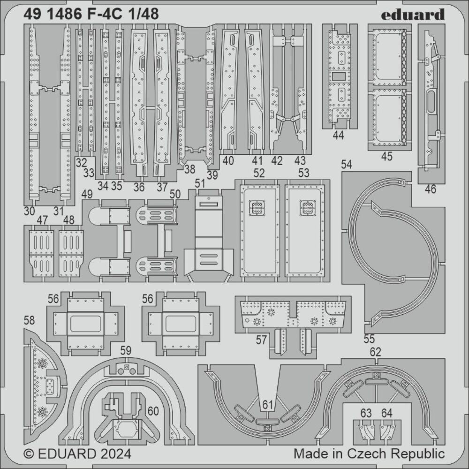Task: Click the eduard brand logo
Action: click(x=412, y=15)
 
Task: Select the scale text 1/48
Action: click(x=145, y=15)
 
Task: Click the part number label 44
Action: click(x=338, y=136)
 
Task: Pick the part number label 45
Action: click(x=387, y=157)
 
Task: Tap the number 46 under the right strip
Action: click(x=430, y=189)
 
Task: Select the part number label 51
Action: click(x=200, y=183)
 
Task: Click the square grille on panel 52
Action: click(x=257, y=208)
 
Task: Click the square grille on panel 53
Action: click(x=308, y=208)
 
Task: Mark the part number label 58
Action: click(x=29, y=320)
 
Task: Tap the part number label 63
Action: click(x=366, y=413)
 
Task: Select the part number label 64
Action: click(x=386, y=413)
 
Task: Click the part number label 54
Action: click(x=347, y=164)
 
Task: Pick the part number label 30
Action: click(x=29, y=211)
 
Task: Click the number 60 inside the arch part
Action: click(x=152, y=411)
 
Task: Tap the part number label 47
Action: click(x=42, y=219)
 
